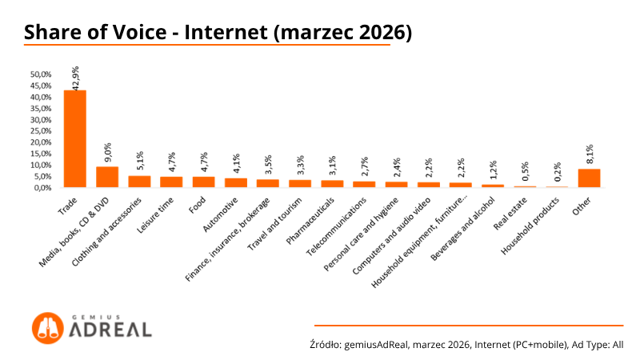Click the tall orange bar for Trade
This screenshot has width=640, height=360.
coord(74,138)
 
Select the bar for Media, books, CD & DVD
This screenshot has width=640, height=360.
coord(107,177)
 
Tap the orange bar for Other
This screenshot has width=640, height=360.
coord(589,178)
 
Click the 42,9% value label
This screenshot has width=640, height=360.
coord(78,78)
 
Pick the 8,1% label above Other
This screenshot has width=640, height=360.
coord(590,155)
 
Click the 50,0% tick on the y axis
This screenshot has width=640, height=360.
coord(41,74)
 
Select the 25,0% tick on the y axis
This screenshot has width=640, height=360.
coord(41,131)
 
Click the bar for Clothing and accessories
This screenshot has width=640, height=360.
coord(139,182)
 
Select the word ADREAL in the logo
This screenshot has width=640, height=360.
coord(110,330)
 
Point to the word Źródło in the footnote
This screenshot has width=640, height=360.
coord(325,345)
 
